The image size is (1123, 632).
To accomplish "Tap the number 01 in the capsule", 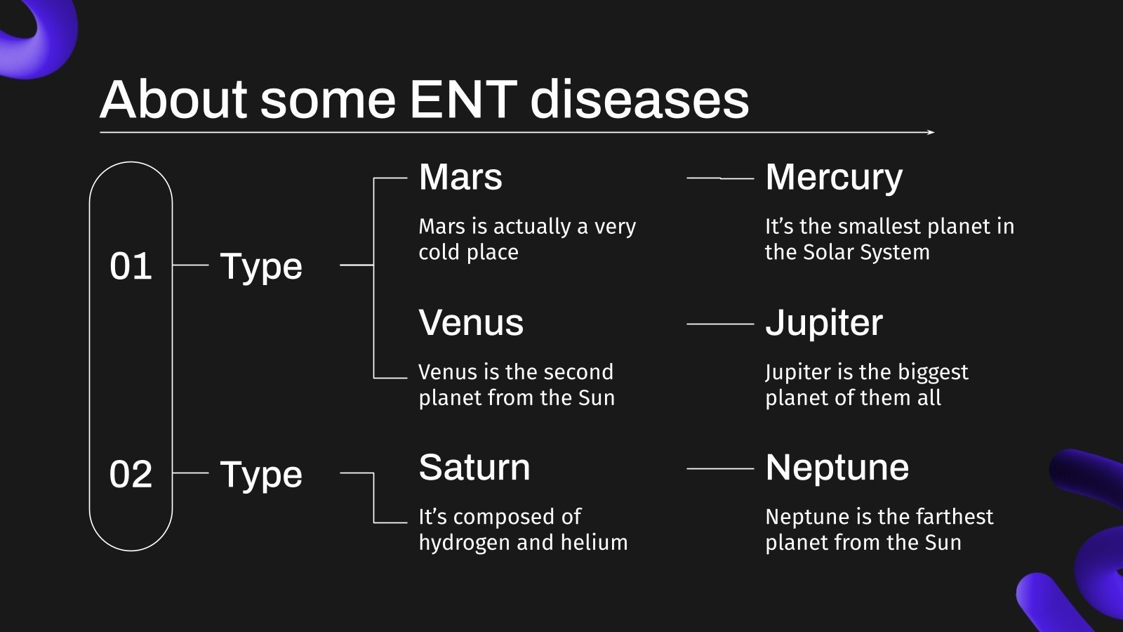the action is pyautogui.click(x=131, y=266).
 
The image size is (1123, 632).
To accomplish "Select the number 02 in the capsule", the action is pyautogui.click(x=131, y=474).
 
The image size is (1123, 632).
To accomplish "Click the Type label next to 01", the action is pyautogui.click(x=261, y=268).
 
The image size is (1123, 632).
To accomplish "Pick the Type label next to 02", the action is pyautogui.click(x=261, y=475).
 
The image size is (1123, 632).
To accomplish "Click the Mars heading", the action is pyautogui.click(x=460, y=177).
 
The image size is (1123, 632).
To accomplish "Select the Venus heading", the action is pyautogui.click(x=471, y=322).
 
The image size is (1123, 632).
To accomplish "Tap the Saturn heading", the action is pyautogui.click(x=474, y=468).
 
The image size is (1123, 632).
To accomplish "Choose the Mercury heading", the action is pyautogui.click(x=834, y=179).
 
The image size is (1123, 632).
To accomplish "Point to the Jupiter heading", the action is pyautogui.click(x=824, y=324).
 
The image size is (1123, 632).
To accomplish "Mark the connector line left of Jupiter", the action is pyautogui.click(x=720, y=324).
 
